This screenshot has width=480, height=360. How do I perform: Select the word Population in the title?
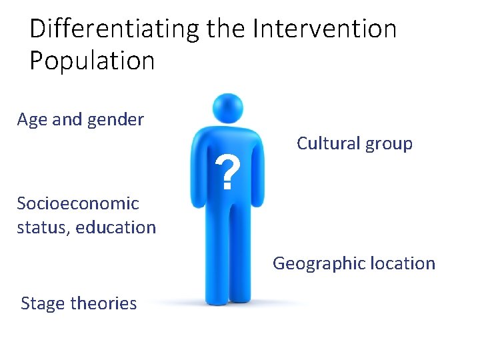[x=92, y=61]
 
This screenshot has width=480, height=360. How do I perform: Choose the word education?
[x=115, y=227]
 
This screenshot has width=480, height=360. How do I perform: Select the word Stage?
[x=43, y=304]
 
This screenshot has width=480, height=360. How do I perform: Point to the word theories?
[x=103, y=303]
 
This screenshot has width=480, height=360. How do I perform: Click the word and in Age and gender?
[x=66, y=120]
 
